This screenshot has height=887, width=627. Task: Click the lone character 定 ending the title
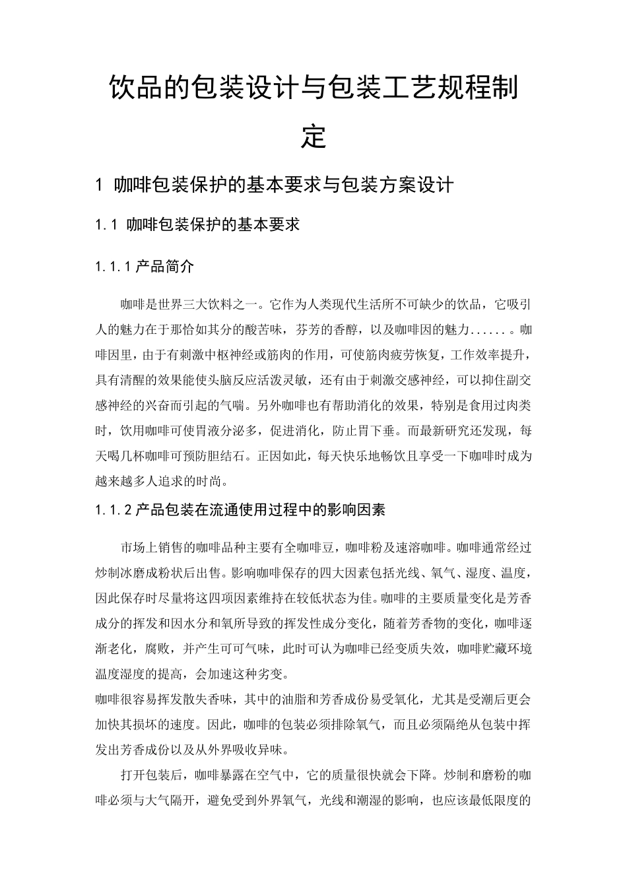(x=313, y=137)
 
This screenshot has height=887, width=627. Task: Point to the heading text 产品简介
(x=165, y=267)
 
